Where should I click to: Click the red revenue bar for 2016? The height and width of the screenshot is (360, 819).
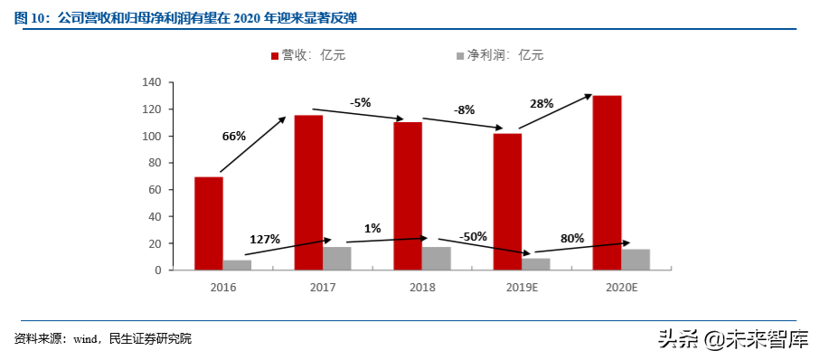(x=209, y=223)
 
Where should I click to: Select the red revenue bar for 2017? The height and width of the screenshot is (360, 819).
(x=308, y=193)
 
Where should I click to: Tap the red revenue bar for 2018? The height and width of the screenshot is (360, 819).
(x=408, y=196)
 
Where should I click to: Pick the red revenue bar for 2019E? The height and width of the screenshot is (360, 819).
(x=507, y=202)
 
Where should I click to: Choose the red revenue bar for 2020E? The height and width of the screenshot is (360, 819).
(x=607, y=183)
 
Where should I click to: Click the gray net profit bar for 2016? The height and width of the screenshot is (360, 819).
(x=238, y=265)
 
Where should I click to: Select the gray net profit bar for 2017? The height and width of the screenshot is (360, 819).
(x=337, y=259)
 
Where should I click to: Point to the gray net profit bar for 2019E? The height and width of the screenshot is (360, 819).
(x=536, y=264)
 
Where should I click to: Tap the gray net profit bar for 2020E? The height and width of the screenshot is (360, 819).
(x=635, y=260)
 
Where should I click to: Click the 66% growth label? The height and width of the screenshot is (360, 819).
(x=234, y=137)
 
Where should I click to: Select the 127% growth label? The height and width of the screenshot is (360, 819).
(x=265, y=239)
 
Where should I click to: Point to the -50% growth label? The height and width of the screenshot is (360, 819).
(x=474, y=236)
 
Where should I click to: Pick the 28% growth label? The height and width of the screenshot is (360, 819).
(x=541, y=104)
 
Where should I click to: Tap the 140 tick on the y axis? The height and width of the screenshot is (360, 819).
(x=151, y=82)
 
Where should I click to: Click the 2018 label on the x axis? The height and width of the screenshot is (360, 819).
(x=422, y=287)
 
